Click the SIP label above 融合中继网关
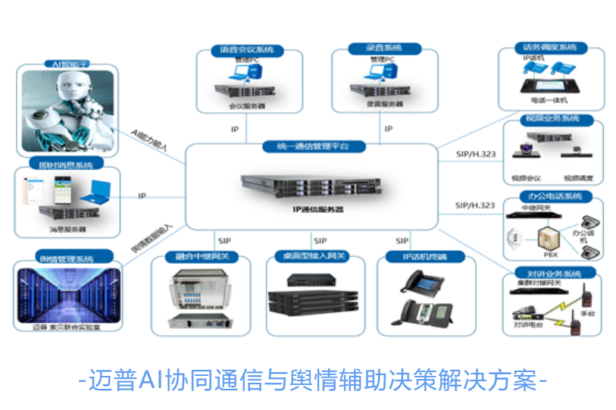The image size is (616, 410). click(x=224, y=241)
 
